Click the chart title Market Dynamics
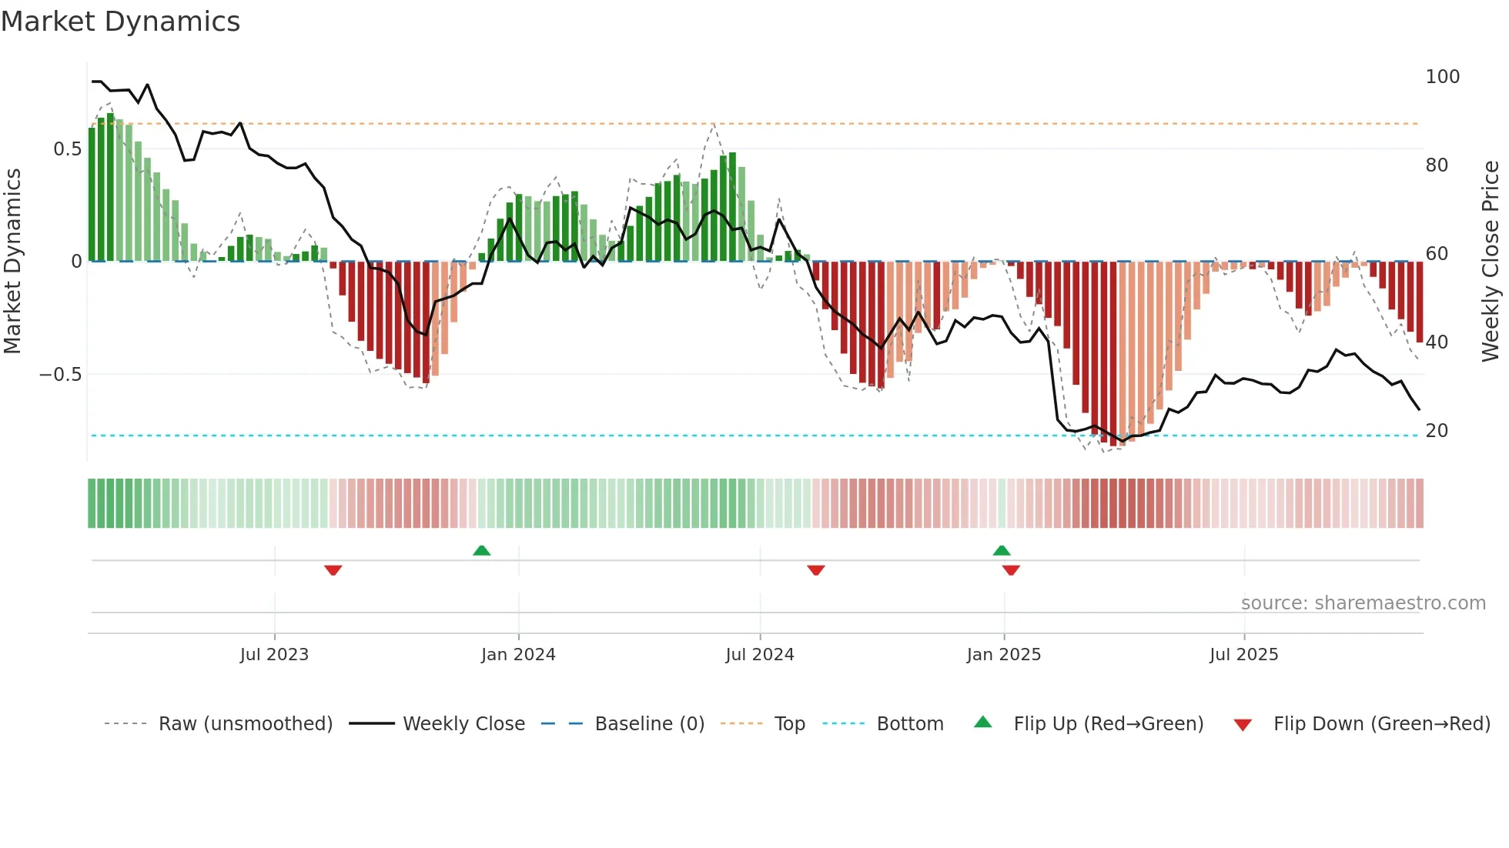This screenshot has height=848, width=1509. point(121,22)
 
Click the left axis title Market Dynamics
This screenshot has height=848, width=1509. point(13,261)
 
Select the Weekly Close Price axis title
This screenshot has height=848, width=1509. point(1491,261)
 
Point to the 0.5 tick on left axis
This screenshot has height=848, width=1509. point(67,149)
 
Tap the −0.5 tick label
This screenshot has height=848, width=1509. point(61,374)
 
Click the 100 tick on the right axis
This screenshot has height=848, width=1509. point(1442,77)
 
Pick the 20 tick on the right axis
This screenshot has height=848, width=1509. point(1437,430)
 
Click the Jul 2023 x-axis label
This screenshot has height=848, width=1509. point(274,654)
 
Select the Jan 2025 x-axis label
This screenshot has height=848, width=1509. point(1003,654)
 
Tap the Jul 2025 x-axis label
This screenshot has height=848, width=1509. point(1243,654)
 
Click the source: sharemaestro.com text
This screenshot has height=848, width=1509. point(1363,603)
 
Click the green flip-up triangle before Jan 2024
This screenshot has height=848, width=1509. point(481,550)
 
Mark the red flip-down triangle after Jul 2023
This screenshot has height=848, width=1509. point(333,570)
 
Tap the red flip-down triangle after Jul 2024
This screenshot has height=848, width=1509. point(816,570)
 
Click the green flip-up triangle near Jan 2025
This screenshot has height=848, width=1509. point(1002,550)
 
